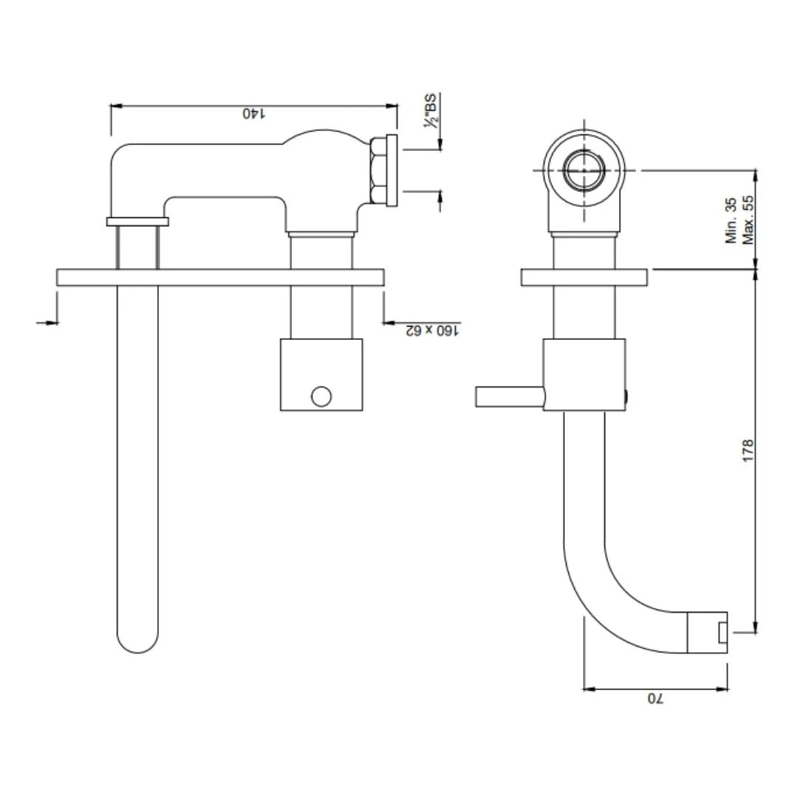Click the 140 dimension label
click(253, 114)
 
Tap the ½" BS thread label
click(431, 112)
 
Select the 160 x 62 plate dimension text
click(432, 330)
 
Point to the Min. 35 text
click(731, 220)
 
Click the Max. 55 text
click(748, 220)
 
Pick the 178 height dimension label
click(748, 451)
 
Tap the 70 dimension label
click(655, 698)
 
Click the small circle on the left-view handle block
click(321, 396)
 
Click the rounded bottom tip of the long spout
click(137, 643)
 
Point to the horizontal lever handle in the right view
click(510, 397)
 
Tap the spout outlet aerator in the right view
click(708, 632)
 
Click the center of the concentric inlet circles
click(584, 170)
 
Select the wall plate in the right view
click(584, 277)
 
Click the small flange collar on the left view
click(137, 221)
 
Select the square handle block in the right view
click(584, 375)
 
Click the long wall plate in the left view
click(220, 277)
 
